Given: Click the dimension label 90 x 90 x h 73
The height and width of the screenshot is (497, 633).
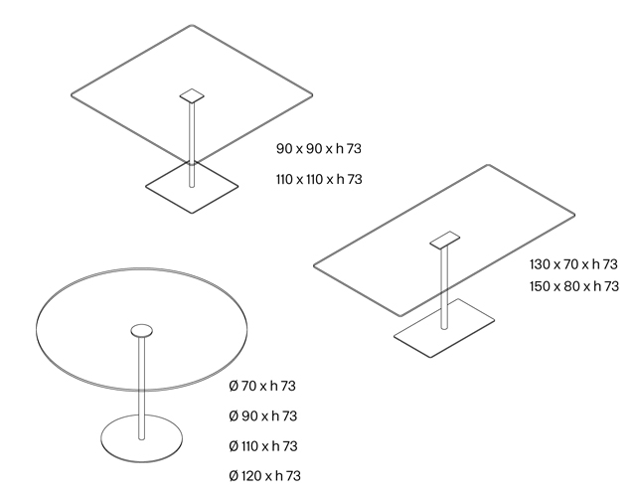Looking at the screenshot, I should pyautogui.click(x=319, y=149).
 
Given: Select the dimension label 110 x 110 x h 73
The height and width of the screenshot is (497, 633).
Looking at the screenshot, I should pyautogui.click(x=319, y=179).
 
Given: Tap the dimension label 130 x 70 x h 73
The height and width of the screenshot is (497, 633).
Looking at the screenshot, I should pyautogui.click(x=574, y=264).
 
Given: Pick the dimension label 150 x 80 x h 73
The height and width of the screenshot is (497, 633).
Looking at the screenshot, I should pyautogui.click(x=574, y=286).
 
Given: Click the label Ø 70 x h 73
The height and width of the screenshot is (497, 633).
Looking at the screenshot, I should pyautogui.click(x=263, y=386).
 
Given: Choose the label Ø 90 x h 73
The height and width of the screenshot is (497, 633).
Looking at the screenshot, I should pyautogui.click(x=263, y=415).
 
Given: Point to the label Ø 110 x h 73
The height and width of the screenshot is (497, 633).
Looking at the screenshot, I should pyautogui.click(x=263, y=446).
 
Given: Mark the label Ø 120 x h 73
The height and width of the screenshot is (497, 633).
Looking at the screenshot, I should pyautogui.click(x=264, y=476).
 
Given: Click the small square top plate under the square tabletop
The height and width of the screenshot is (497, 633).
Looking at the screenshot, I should pyautogui.click(x=193, y=96).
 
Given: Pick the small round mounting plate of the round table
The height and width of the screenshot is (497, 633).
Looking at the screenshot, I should pyautogui.click(x=141, y=331).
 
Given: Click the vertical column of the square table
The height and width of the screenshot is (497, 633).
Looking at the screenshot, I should pyautogui.click(x=192, y=139).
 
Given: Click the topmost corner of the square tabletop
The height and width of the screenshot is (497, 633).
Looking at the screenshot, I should pyautogui.click(x=192, y=27).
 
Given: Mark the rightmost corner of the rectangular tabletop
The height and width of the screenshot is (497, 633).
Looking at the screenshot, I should pyautogui.click(x=574, y=212).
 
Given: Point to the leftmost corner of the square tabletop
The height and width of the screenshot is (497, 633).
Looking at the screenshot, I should pyautogui.click(x=73, y=95).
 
